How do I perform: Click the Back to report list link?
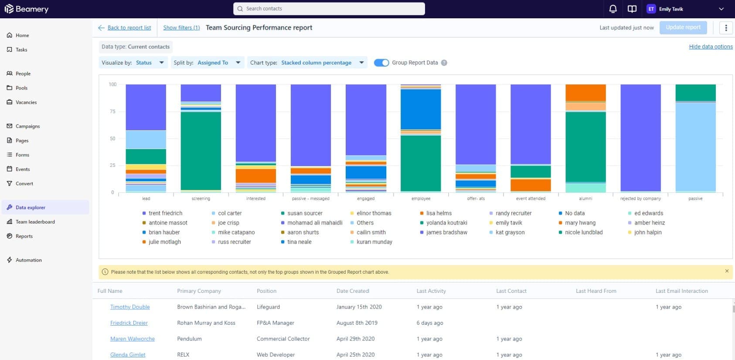click(129, 27)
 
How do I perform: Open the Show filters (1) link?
click(181, 27)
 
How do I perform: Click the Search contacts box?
click(329, 9)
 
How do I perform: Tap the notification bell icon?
click(613, 9)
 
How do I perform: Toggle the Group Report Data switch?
click(381, 63)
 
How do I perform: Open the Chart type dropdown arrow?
click(361, 63)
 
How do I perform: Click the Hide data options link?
click(711, 47)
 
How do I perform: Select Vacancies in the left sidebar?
click(26, 102)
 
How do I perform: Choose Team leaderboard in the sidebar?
click(35, 222)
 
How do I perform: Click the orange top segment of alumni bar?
click(585, 93)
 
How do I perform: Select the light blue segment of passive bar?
click(695, 146)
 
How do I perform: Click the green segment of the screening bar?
click(201, 151)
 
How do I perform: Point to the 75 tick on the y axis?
click(112, 112)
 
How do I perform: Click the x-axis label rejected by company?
click(640, 199)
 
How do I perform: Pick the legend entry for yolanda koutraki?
click(446, 223)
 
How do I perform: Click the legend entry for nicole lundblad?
click(583, 232)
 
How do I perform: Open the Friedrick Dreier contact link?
click(129, 323)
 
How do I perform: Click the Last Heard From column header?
click(596, 291)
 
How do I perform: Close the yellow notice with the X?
click(727, 271)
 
